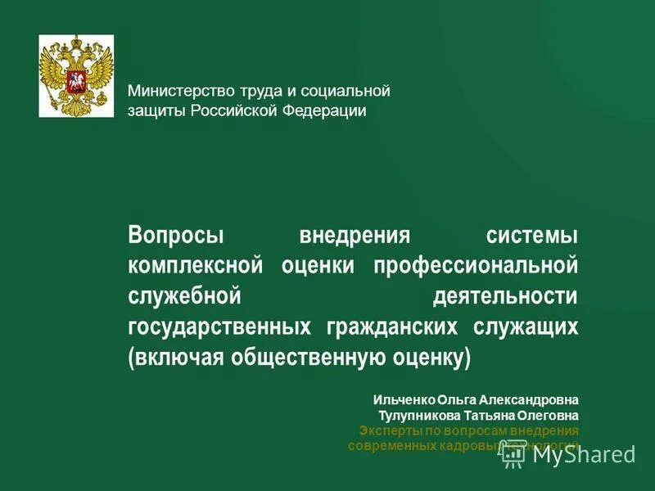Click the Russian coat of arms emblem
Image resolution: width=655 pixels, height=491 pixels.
pyautogui.click(x=76, y=75)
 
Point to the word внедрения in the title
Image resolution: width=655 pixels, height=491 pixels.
pyautogui.click(x=354, y=236)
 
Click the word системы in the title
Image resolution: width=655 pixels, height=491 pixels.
pyautogui.click(x=533, y=236)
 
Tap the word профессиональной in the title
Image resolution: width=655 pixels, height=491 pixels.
pyautogui.click(x=477, y=265)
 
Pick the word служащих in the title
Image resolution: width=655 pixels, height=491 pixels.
pyautogui.click(x=526, y=327)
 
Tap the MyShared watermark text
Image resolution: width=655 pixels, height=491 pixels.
pyautogui.click(x=583, y=454)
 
